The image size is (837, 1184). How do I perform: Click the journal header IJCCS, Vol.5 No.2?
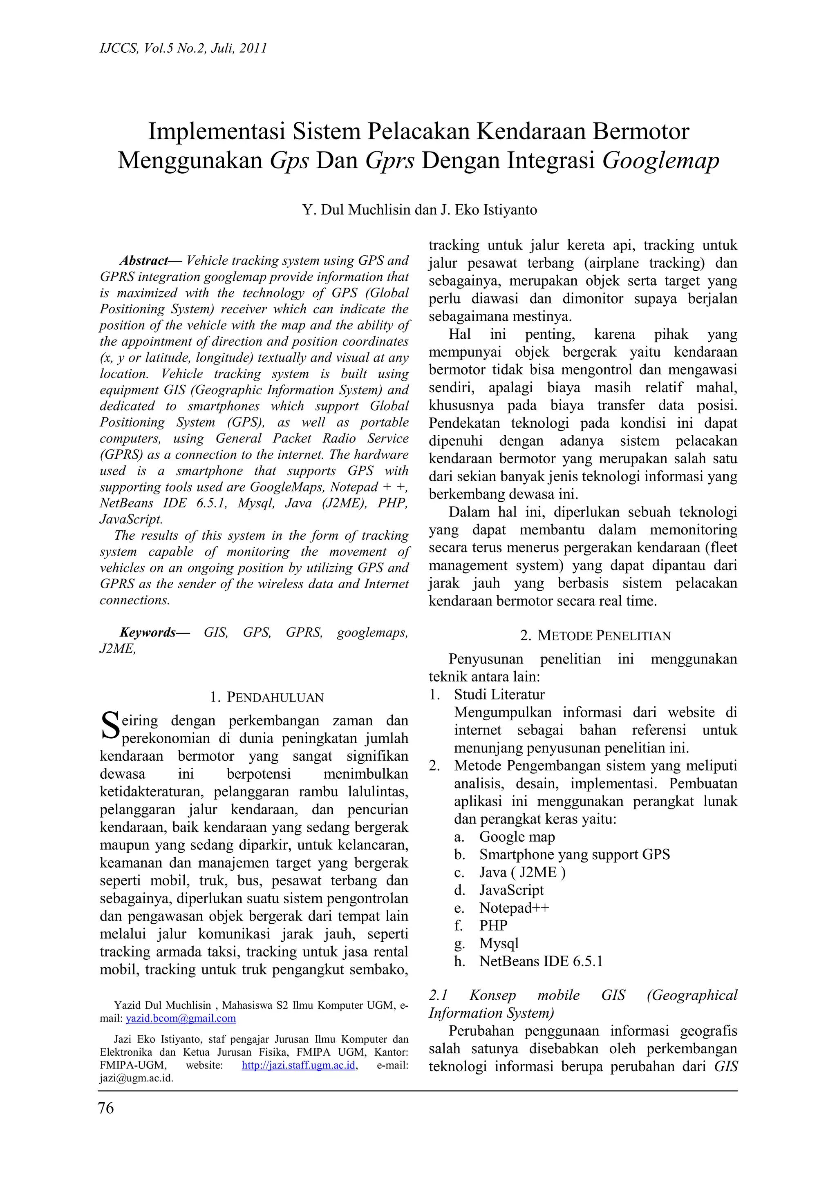(183, 49)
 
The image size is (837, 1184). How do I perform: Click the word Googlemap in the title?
(660, 161)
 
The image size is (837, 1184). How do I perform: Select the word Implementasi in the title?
(217, 132)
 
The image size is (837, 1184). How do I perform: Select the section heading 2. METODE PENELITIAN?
(595, 636)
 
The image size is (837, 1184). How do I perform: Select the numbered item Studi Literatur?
(499, 695)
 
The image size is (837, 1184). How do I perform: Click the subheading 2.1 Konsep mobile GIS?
(583, 995)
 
